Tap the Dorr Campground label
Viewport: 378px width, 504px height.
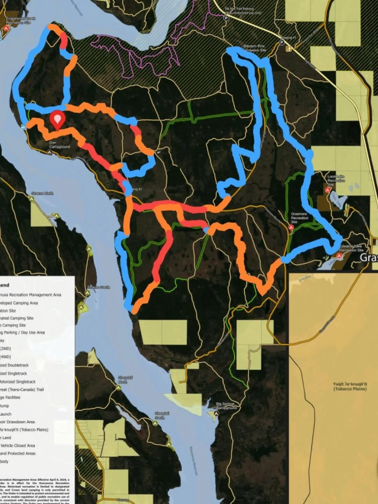[59, 145]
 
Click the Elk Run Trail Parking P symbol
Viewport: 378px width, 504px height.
[226, 18]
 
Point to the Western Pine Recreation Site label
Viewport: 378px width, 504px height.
[254, 48]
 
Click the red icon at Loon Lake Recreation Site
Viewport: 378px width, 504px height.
[328, 190]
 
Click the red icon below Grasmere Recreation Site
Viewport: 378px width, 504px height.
[291, 227]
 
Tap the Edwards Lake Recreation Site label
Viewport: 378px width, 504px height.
[351, 248]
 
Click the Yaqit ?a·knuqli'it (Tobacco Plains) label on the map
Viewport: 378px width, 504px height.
[350, 386]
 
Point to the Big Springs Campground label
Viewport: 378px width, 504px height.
[226, 406]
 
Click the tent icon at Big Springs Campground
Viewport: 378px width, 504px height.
[217, 413]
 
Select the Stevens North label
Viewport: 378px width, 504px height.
[42, 193]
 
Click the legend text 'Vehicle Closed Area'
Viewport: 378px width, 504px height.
[17, 446]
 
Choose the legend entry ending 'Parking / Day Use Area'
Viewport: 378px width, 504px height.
[22, 332]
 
